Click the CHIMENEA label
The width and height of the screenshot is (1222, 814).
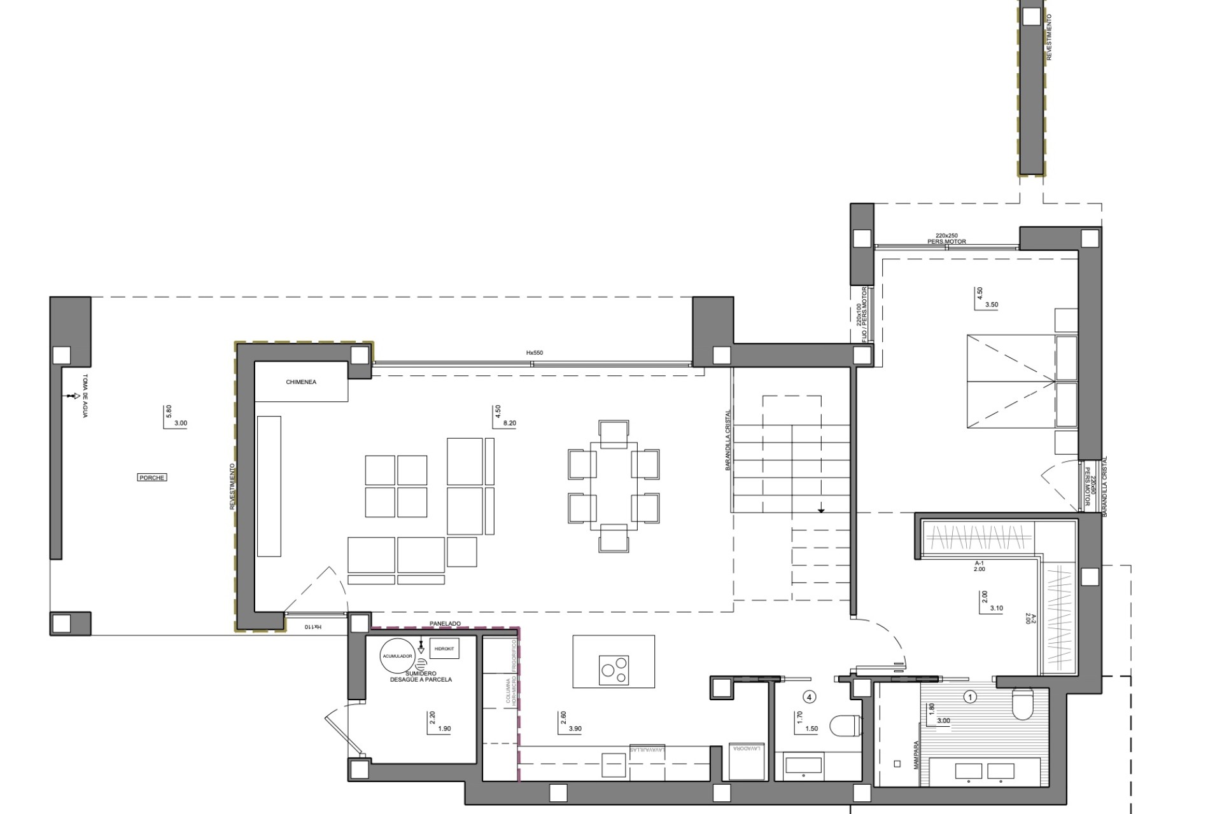tap(301, 382)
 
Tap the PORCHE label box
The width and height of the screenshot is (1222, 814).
tap(151, 478)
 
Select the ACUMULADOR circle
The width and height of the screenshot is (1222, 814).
tap(397, 656)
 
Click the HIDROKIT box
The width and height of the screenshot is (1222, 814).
tap(444, 648)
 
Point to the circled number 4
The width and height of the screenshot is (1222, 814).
tap(810, 697)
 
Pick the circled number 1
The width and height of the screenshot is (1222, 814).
tap(971, 697)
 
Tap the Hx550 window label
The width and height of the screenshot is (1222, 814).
tap(535, 353)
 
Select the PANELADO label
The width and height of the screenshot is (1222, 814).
tap(446, 624)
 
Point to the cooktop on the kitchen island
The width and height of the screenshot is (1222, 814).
tap(614, 670)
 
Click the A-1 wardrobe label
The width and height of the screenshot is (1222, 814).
tap(979, 563)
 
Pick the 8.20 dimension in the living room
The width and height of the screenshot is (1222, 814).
tap(509, 423)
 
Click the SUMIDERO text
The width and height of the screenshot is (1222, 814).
tap(421, 673)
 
